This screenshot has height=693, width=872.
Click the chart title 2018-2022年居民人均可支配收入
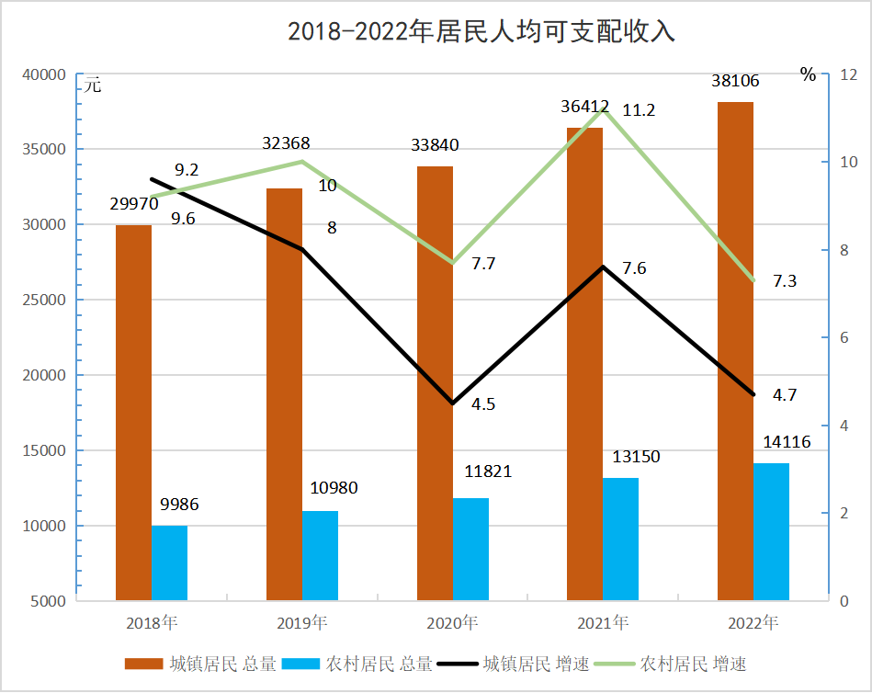click(481, 32)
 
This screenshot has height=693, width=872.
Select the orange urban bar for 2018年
click(133, 413)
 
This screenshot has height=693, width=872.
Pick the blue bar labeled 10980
click(320, 555)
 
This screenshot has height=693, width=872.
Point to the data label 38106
click(735, 82)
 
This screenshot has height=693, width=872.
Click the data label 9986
click(178, 505)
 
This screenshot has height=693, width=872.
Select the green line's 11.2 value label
click(639, 110)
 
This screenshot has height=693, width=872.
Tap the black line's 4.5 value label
click(484, 404)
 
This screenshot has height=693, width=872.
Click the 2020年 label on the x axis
click(452, 623)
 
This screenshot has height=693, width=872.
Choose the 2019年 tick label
click(301, 623)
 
